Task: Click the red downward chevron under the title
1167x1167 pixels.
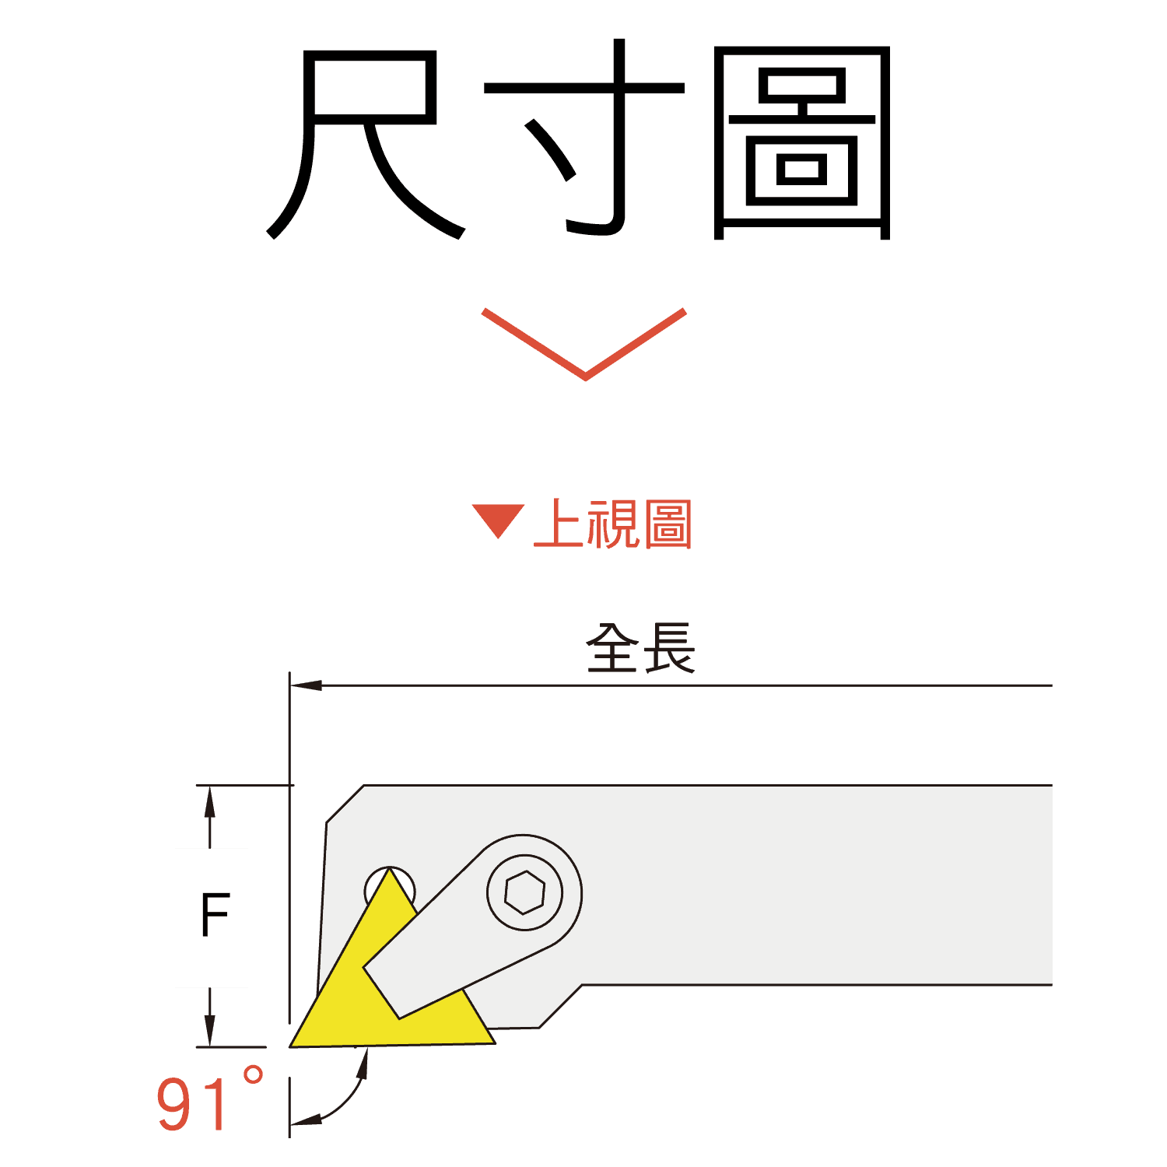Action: click(x=583, y=346)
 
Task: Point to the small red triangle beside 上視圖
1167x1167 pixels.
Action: click(x=498, y=520)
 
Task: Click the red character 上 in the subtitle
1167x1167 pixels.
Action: click(x=559, y=524)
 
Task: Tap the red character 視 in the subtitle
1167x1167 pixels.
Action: click(x=613, y=524)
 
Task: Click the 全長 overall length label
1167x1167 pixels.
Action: click(x=640, y=647)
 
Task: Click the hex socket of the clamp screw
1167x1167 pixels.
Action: click(x=524, y=892)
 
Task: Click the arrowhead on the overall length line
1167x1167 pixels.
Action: click(x=307, y=685)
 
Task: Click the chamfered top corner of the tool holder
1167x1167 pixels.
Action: click(x=345, y=804)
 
